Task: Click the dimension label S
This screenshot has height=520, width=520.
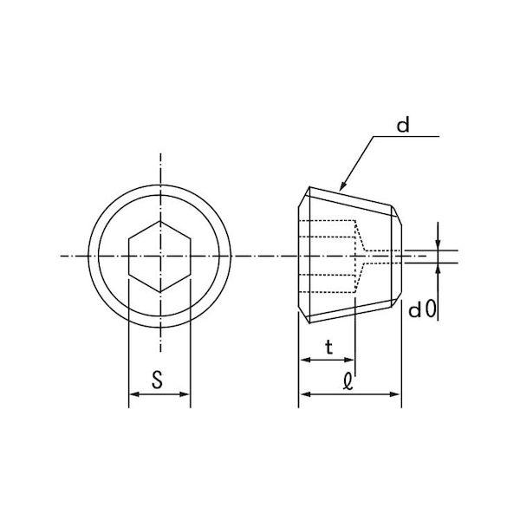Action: tap(157, 380)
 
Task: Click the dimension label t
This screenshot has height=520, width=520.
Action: tap(328, 348)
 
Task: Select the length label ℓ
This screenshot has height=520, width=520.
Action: tap(348, 380)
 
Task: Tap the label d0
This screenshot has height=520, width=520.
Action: tap(422, 309)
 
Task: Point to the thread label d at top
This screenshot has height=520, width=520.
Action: tap(403, 126)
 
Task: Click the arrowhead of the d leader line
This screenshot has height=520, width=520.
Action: tap(343, 186)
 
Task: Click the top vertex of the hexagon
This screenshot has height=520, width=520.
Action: tap(160, 221)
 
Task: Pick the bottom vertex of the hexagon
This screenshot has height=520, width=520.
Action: tap(160, 292)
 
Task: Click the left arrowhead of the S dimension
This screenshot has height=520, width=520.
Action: tap(133, 394)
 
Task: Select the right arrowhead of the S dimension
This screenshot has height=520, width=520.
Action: tap(185, 394)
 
